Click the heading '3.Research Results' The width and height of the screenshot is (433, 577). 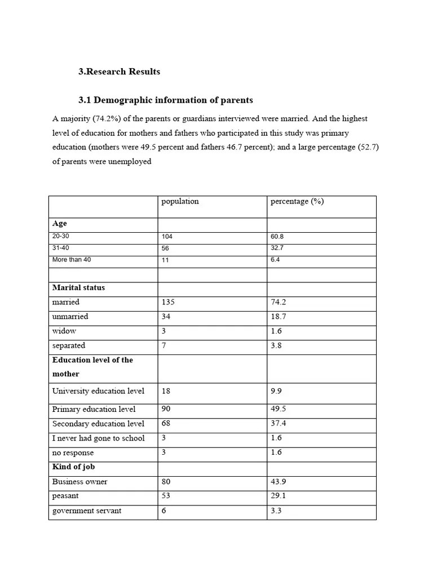119,72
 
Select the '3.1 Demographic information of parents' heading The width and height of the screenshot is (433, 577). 166,100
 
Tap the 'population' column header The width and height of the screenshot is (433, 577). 180,202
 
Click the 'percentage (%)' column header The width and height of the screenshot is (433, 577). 297,202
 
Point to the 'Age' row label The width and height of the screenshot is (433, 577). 60,224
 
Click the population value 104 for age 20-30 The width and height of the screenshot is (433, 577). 167,237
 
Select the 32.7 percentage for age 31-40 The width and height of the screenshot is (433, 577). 277,248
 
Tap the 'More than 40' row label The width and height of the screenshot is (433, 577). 72,260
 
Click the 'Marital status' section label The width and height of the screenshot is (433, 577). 78,287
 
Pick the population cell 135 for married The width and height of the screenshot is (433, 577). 169,302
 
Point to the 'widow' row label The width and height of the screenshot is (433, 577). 64,331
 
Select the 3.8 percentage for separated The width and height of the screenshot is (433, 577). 276,345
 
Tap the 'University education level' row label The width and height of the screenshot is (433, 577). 98,391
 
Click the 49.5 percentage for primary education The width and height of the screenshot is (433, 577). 279,409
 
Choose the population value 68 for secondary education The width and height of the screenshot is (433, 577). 166,424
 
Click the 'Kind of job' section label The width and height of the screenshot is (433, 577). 74,467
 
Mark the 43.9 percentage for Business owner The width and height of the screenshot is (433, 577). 279,482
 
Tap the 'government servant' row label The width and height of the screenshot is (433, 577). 87,511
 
